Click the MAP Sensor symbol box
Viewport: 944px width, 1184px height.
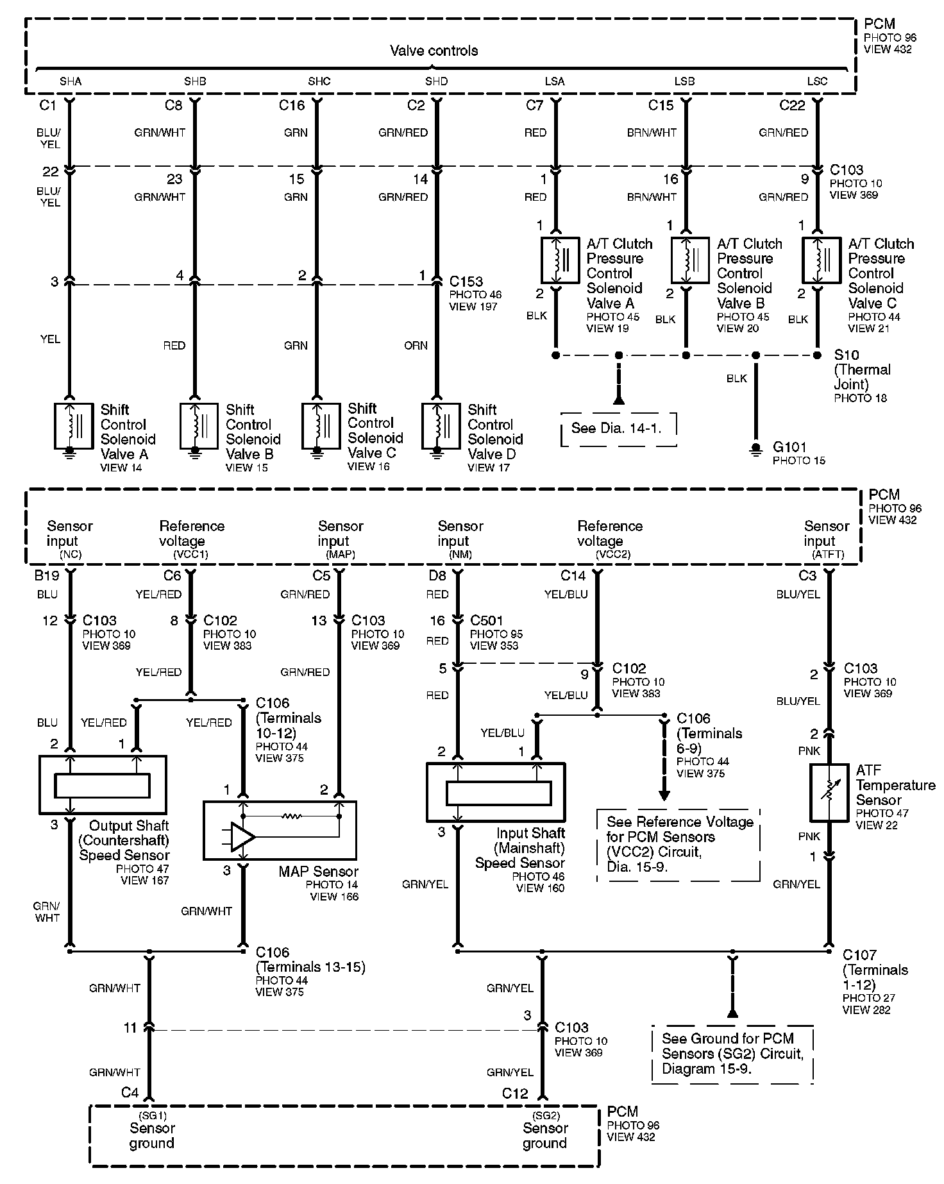click(x=280, y=831)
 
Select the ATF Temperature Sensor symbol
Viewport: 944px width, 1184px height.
click(x=829, y=793)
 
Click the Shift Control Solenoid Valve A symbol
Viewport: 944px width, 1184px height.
click(x=73, y=426)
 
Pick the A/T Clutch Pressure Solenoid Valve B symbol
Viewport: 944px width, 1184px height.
click(x=690, y=260)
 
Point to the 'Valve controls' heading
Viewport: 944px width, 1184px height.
click(x=434, y=51)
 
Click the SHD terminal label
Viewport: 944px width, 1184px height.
click(x=437, y=81)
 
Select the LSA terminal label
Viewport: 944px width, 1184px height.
click(x=555, y=81)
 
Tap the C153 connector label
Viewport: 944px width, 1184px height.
click(x=466, y=282)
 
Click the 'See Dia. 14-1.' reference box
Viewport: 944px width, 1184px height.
click(x=619, y=428)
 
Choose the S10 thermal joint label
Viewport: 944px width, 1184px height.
click(x=846, y=355)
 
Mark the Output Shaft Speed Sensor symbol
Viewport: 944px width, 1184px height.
click(x=103, y=784)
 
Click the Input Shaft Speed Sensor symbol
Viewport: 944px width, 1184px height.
click(x=496, y=792)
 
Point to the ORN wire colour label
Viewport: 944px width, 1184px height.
click(x=416, y=346)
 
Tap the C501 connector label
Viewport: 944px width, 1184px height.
click(x=487, y=621)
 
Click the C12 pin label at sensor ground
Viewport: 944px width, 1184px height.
click(x=515, y=1093)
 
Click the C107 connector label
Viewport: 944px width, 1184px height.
click(x=859, y=955)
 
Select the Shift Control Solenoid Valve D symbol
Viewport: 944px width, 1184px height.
click(x=441, y=426)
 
